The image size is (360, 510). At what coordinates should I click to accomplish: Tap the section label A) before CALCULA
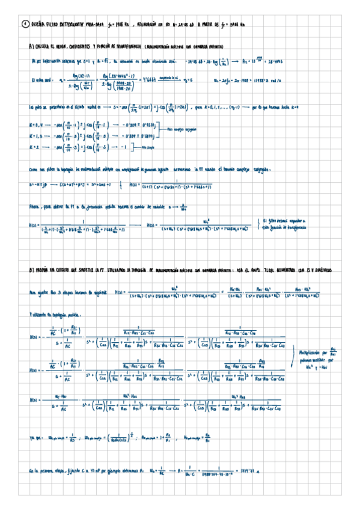pos(31,46)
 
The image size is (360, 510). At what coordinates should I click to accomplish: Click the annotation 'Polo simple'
pos(151,146)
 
